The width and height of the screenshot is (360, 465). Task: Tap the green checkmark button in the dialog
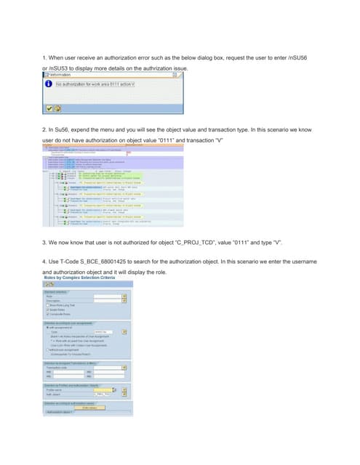[x=48, y=109]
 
